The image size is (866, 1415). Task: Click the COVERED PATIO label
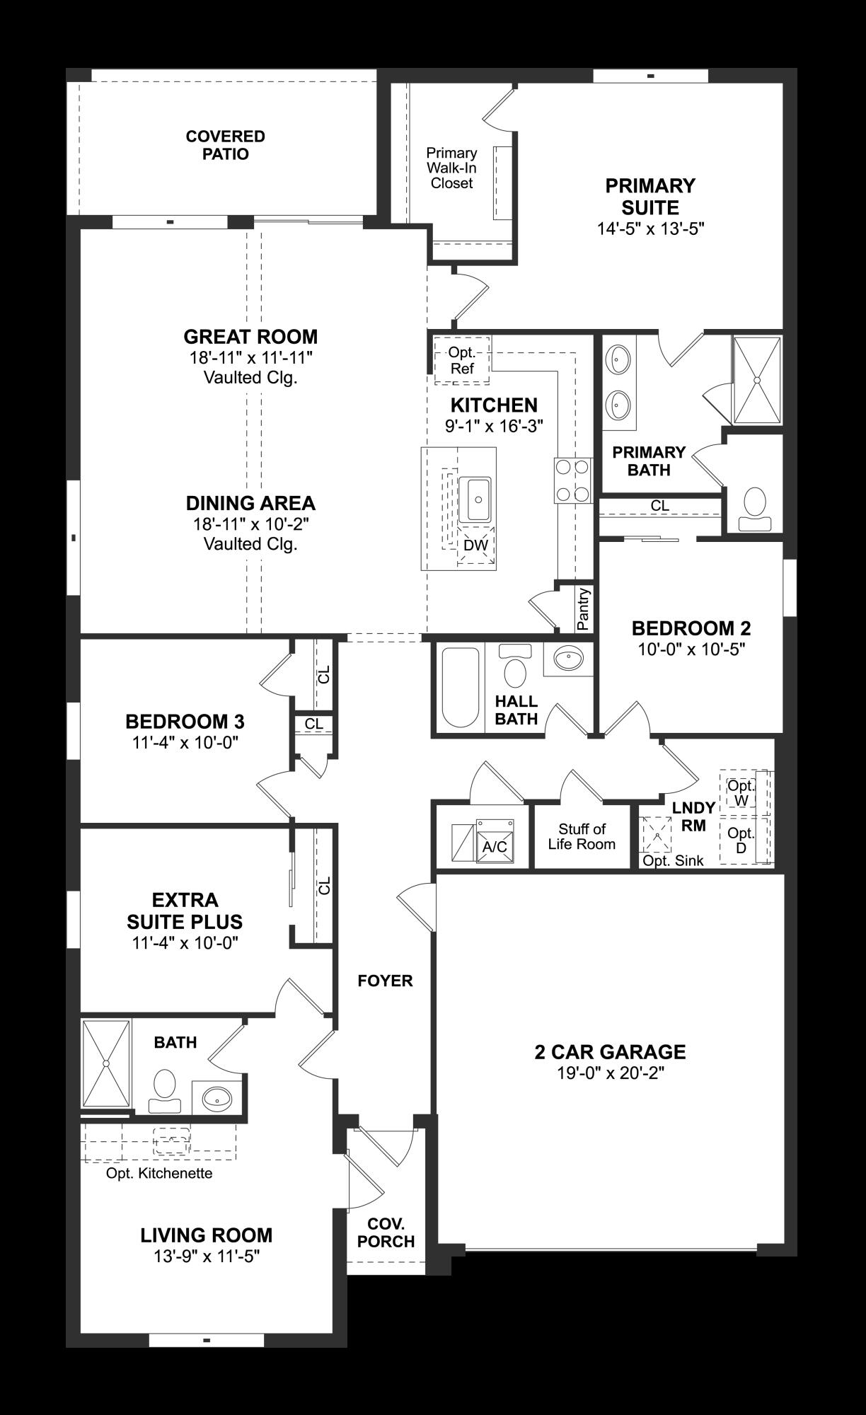[225, 145]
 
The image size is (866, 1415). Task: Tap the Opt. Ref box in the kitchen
[461, 361]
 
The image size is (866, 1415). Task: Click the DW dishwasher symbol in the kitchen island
[475, 545]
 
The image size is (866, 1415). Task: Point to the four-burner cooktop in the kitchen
[572, 480]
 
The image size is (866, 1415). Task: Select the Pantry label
[583, 608]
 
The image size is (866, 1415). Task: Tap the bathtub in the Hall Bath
[460, 688]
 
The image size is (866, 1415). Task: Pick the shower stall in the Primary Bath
[756, 380]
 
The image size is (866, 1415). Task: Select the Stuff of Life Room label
[582, 836]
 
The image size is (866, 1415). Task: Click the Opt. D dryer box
[741, 840]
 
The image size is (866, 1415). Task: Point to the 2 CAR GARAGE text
[610, 1052]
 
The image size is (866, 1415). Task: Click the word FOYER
[385, 981]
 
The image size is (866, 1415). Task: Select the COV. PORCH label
[386, 1233]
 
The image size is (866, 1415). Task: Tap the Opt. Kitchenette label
[159, 1174]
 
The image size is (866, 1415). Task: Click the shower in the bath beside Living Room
[106, 1063]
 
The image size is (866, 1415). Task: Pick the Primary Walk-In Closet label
[451, 168]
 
